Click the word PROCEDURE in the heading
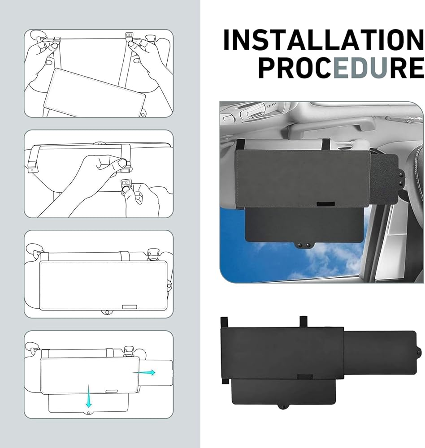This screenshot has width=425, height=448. pos(341,68)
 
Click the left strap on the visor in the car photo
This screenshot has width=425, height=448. pos(239,144)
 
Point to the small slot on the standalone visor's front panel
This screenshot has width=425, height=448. pos(305,376)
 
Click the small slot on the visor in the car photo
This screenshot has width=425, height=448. pos(322,204)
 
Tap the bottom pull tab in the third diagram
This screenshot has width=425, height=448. pos(107,312)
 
